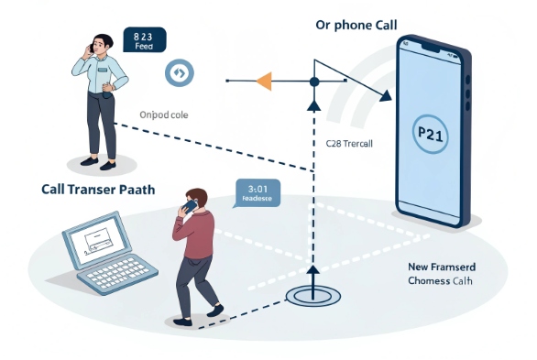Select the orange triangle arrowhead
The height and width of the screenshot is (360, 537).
click(263, 81)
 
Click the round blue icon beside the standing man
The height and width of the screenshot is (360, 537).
click(179, 72)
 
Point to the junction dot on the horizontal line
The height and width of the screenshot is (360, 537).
click(313, 82)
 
